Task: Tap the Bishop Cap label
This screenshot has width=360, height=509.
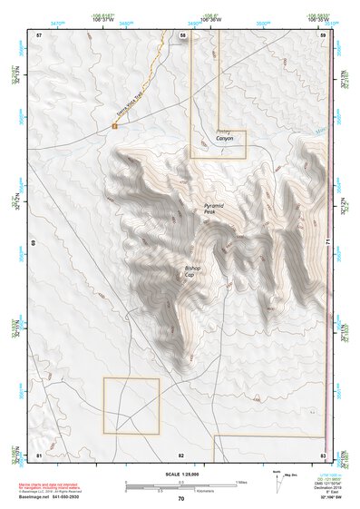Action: [196, 271]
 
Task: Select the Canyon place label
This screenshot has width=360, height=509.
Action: [224, 139]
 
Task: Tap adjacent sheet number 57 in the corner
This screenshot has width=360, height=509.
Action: [39, 34]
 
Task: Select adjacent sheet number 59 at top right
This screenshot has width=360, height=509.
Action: [322, 34]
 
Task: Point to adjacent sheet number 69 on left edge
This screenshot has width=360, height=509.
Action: [33, 244]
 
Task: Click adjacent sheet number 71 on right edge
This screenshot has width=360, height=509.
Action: [327, 244]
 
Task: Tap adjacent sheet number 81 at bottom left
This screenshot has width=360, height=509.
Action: [39, 454]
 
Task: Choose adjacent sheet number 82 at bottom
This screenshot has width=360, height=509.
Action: [181, 454]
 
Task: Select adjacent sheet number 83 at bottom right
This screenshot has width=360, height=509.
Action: [322, 454]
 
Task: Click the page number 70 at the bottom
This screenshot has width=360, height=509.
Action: [180, 499]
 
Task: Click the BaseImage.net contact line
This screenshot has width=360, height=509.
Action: [58, 497]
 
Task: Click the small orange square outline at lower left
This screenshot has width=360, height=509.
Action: [131, 406]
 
